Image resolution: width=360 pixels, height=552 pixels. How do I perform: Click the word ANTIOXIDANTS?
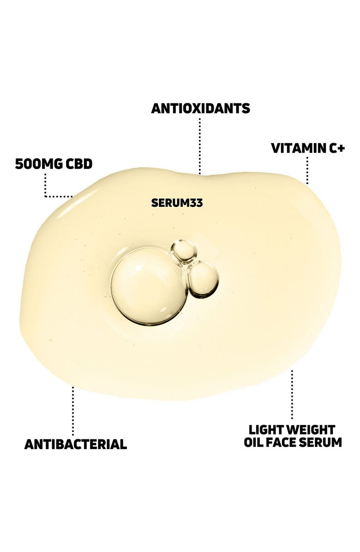(x=201, y=108)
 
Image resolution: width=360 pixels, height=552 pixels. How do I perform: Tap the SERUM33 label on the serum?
(x=177, y=203)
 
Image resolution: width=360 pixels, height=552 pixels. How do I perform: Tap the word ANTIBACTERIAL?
(x=76, y=444)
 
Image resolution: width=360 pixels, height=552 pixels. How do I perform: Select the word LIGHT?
(x=266, y=430)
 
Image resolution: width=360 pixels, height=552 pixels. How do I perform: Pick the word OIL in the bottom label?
(x=252, y=442)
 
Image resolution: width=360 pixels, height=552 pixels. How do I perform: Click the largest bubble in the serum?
(x=149, y=286)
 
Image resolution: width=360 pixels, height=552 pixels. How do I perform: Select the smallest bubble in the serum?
(x=184, y=251)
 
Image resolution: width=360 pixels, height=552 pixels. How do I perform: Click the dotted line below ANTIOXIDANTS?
(x=200, y=146)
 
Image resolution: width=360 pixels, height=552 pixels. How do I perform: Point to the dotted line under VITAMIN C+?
(x=307, y=170)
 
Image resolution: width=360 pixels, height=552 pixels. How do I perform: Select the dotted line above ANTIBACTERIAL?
(x=73, y=411)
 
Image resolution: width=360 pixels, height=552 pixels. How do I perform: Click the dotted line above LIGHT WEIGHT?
(x=292, y=394)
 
